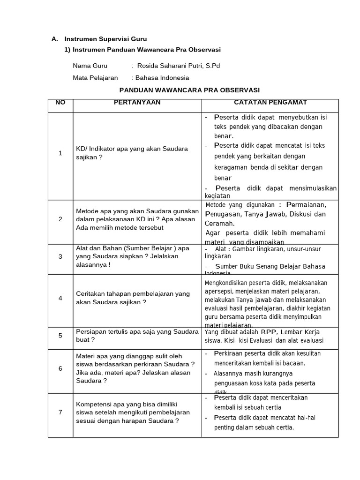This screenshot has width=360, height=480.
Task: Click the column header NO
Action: tap(60, 103)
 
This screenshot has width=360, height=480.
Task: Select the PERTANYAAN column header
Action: tap(137, 103)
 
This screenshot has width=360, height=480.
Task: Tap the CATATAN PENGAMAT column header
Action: tap(270, 103)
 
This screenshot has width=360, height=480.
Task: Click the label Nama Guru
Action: tap(90, 66)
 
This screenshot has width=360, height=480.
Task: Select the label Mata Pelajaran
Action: tap(95, 78)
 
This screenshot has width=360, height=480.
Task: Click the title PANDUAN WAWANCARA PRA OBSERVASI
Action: tap(189, 90)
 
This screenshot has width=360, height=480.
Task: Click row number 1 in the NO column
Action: tap(60, 153)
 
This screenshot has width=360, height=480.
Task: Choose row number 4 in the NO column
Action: tap(60, 298)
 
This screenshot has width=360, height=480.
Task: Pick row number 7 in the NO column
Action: tap(60, 412)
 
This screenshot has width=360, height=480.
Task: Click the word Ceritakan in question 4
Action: tap(91, 293)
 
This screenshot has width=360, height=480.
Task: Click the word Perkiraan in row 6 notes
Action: tap(229, 353)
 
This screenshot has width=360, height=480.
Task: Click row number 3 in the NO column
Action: tap(60, 256)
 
